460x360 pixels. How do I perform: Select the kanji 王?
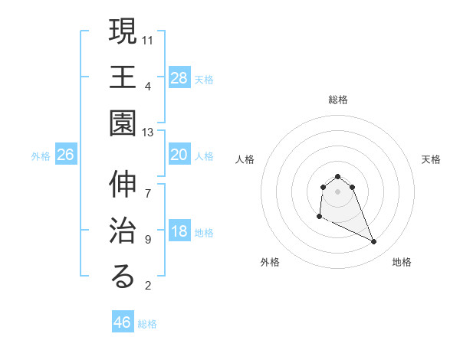(x=123, y=77)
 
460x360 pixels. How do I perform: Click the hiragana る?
(x=123, y=277)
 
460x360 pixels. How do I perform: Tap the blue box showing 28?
(x=179, y=77)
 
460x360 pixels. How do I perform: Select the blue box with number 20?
(x=179, y=155)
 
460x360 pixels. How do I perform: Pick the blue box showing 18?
(x=179, y=232)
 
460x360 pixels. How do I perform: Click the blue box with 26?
(x=66, y=155)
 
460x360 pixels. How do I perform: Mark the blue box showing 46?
(x=123, y=322)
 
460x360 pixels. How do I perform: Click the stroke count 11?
(x=148, y=38)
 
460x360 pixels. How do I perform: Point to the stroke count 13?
(x=148, y=133)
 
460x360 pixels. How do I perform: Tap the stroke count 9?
(x=148, y=239)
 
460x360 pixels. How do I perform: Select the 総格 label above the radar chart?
(x=338, y=100)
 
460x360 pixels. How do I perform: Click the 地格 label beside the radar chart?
(x=402, y=262)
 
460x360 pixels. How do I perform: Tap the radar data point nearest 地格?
(x=374, y=242)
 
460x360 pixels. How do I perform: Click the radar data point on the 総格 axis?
(x=337, y=177)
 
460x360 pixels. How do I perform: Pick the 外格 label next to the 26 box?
(x=41, y=156)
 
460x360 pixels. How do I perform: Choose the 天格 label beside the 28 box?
(x=204, y=79)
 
